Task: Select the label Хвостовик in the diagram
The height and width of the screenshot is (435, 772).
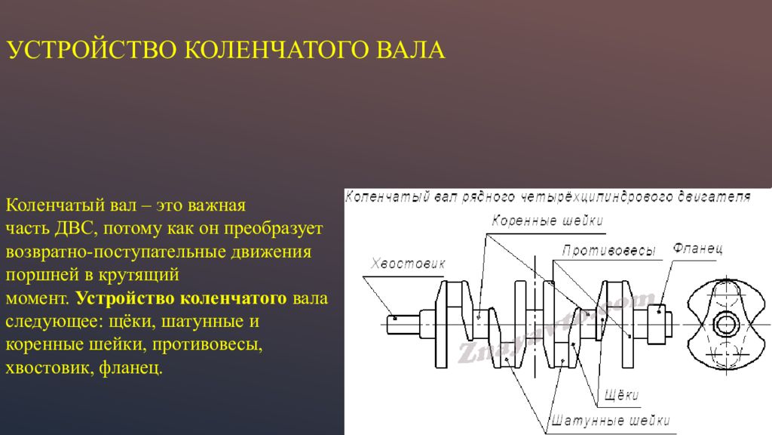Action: coord(408,264)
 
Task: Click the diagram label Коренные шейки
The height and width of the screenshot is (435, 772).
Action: coord(547,221)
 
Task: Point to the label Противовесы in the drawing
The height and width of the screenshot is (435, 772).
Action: coord(609,251)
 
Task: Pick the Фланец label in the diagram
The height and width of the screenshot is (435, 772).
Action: coord(697,248)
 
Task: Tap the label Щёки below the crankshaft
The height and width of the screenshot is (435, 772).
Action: coord(621,394)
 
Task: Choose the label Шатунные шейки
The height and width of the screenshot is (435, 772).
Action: coord(611,421)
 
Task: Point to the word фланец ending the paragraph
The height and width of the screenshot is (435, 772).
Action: coord(130,368)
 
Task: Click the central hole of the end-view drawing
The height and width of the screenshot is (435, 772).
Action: coord(725,324)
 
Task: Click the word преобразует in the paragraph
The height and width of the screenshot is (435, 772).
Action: coord(274,228)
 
